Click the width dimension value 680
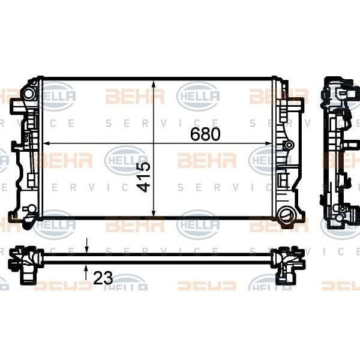[205, 134]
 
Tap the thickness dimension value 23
[103, 278]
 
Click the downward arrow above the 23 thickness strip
[86, 248]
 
